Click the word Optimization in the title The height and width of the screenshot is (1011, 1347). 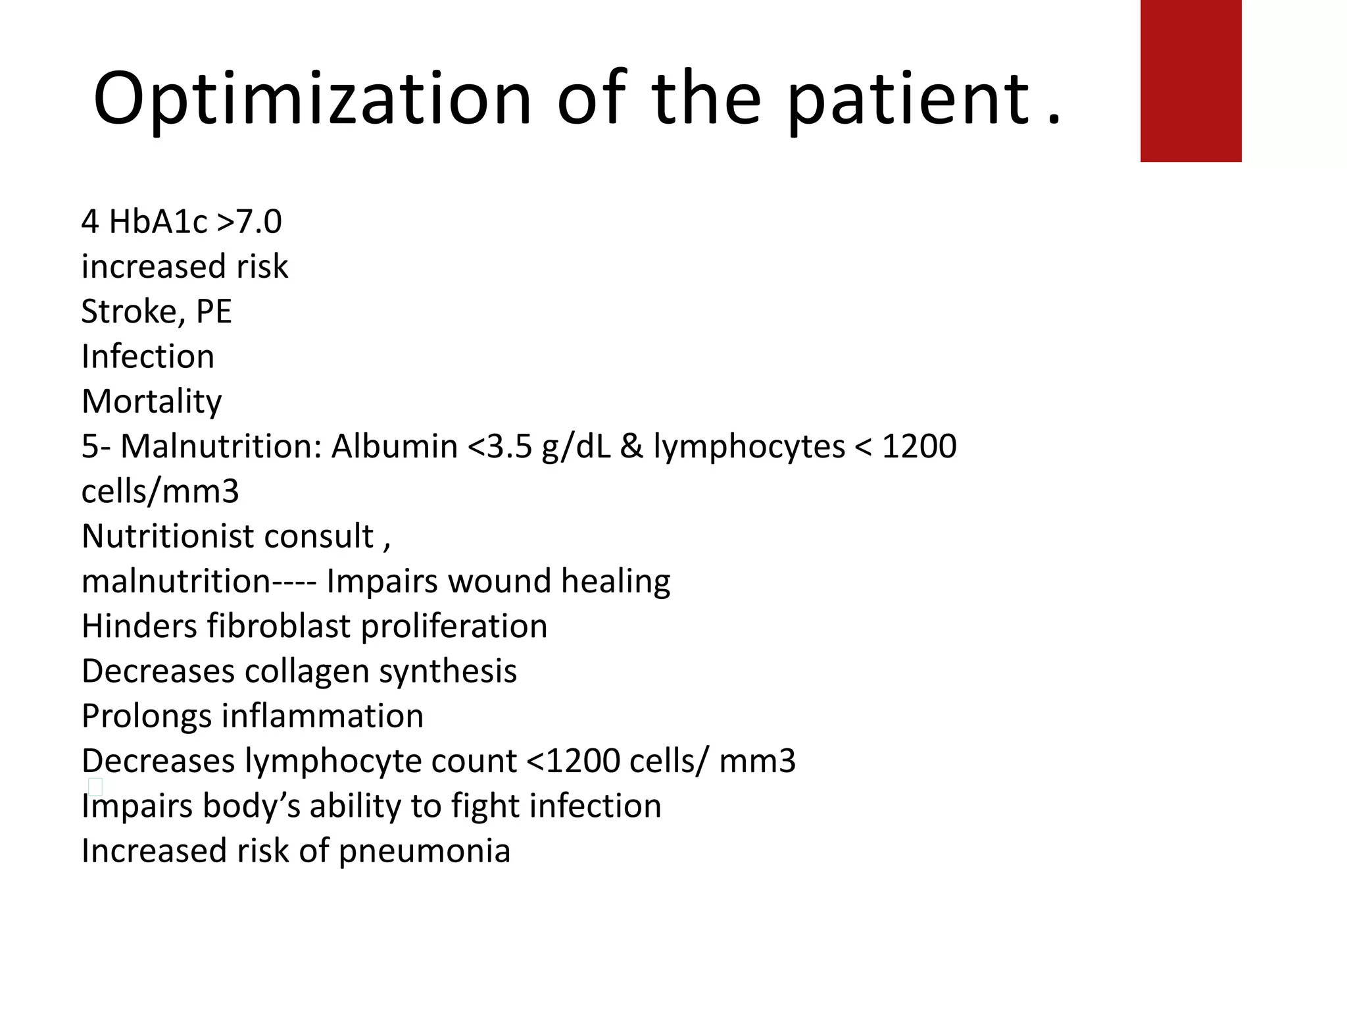[x=312, y=99]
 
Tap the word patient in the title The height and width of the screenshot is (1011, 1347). [x=908, y=99]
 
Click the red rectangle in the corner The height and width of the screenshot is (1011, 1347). [x=1190, y=80]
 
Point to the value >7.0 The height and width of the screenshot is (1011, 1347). [x=249, y=221]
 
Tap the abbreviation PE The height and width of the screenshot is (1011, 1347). [x=214, y=311]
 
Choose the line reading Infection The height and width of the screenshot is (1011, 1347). [x=148, y=356]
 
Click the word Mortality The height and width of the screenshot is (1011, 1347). [x=152, y=402]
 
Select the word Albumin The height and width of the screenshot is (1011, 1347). [x=394, y=446]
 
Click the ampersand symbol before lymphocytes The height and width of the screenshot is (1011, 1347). [x=631, y=446]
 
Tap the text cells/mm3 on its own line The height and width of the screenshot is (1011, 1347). [x=160, y=491]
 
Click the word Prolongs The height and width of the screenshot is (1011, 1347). [x=146, y=716]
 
